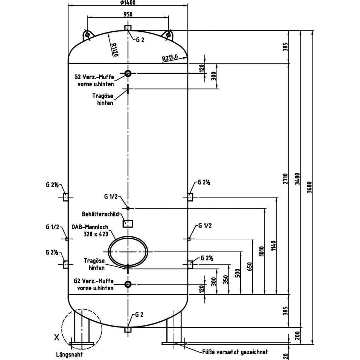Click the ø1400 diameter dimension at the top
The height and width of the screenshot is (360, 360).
128,2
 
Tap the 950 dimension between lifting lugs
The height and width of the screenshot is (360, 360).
128,14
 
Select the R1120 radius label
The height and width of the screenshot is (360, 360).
115,50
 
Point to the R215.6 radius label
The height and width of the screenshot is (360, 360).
170,58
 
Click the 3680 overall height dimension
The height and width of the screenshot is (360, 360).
310,187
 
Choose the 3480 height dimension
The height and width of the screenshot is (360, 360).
297,179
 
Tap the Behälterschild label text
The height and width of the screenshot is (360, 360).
100,214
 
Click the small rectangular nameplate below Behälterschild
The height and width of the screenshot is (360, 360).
128,224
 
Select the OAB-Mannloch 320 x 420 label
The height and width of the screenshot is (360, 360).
90,230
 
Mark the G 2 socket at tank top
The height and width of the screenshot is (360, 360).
128,28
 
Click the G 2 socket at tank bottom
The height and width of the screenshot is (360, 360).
128,330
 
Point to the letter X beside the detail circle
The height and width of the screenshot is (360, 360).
57,337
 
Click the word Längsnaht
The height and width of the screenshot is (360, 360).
69,354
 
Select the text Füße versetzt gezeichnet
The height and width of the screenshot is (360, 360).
235,352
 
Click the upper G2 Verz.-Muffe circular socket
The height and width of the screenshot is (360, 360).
128,73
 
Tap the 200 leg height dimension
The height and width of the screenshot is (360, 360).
297,335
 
